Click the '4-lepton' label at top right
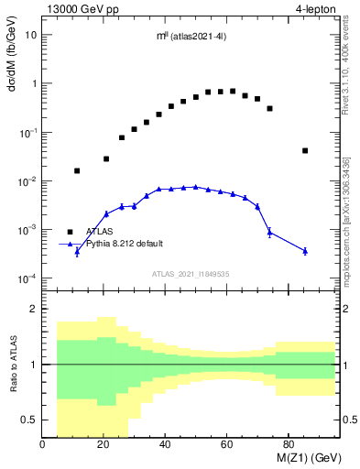pos(316,9)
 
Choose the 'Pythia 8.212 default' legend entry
pos(125,244)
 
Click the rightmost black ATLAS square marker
pos(305,150)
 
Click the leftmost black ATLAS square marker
pos(77,170)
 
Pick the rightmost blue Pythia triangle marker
pos(305,250)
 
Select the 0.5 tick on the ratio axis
pos(30,420)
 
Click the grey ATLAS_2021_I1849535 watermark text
pos(190,273)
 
